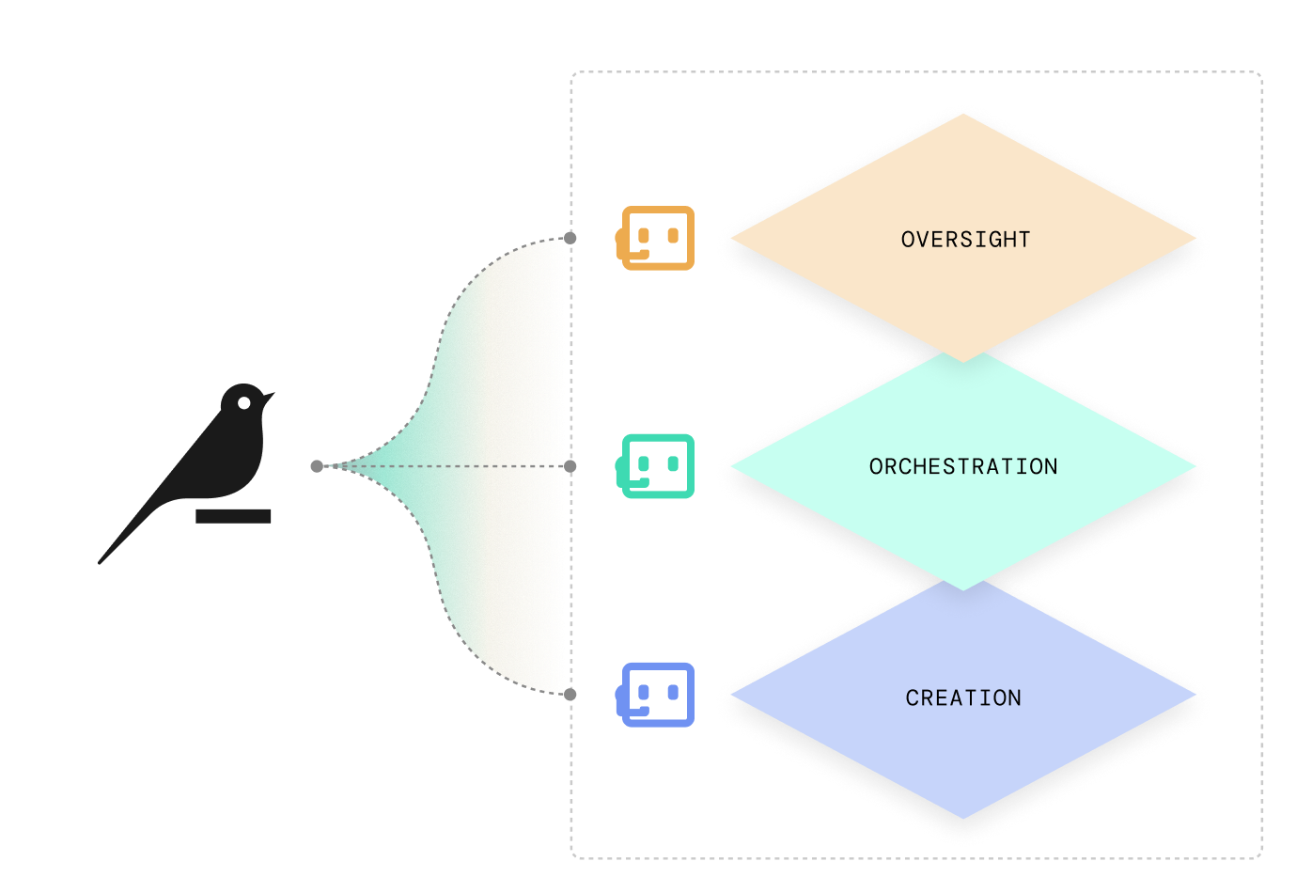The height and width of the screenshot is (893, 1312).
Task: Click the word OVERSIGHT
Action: pos(965,240)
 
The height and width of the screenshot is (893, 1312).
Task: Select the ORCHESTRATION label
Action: pos(963,466)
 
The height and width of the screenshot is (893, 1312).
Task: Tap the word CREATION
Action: pos(963,697)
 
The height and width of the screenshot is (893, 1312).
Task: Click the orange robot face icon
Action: pos(657,238)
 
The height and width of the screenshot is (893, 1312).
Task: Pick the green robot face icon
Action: pos(657,465)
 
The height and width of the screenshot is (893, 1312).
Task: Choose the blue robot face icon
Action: pos(657,694)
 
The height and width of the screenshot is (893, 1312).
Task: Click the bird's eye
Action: pos(244,402)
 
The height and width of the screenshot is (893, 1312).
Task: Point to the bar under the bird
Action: pos(233,516)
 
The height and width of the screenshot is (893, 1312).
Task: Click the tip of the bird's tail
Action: pos(101,562)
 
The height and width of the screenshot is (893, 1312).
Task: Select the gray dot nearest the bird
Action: pos(317,465)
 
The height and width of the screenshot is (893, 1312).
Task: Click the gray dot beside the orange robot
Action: pos(570,238)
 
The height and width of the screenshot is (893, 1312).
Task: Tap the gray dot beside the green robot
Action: pos(570,465)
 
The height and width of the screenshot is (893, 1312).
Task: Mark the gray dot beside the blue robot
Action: pos(570,694)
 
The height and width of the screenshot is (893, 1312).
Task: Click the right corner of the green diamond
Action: pos(1197,467)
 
